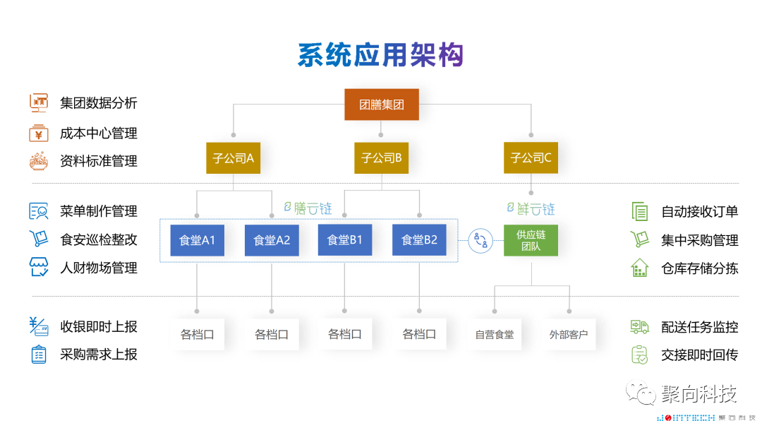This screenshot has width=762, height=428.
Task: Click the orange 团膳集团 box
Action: click(x=381, y=105)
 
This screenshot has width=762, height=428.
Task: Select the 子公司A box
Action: click(x=234, y=157)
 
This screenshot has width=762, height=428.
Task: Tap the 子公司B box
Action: click(x=381, y=157)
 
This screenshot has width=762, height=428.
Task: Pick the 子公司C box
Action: click(x=531, y=157)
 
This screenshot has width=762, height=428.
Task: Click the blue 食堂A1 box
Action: click(x=197, y=240)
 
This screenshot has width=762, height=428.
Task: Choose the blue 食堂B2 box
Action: click(x=419, y=240)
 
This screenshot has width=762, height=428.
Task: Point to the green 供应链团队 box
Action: click(x=531, y=240)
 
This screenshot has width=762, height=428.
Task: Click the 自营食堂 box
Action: click(x=495, y=334)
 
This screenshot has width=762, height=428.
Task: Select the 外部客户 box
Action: click(x=569, y=334)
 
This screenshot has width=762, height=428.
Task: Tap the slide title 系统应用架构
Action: click(x=380, y=55)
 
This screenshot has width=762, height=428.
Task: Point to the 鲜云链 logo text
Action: click(x=531, y=208)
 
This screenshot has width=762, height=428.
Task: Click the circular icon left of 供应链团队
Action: click(x=480, y=240)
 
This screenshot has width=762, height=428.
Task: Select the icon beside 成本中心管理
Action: click(x=38, y=133)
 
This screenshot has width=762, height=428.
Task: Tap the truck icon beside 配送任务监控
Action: click(x=639, y=327)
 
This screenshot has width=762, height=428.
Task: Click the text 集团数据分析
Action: click(x=99, y=103)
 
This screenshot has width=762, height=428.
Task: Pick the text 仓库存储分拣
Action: click(x=699, y=268)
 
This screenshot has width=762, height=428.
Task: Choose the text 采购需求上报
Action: click(x=99, y=355)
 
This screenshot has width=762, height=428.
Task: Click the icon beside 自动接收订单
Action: click(x=639, y=211)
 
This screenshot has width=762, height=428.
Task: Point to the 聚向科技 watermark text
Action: click(x=699, y=393)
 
